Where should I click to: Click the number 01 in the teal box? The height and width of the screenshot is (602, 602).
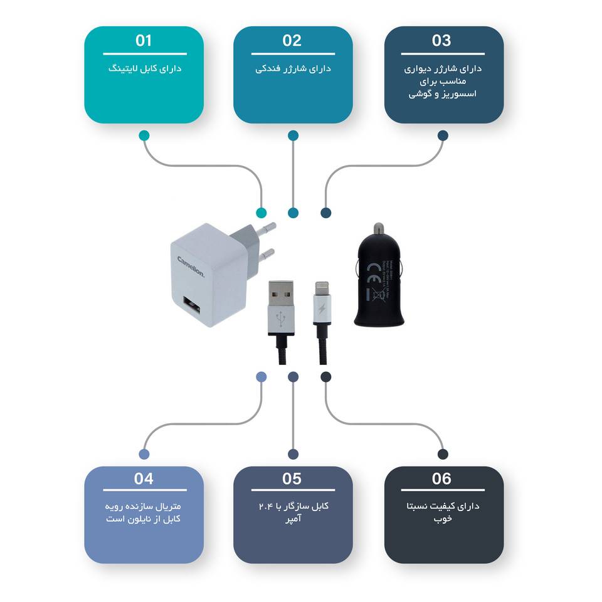tap(144, 41)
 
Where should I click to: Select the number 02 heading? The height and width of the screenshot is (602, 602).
tap(292, 41)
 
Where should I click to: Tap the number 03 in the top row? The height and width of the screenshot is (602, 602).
tap(441, 41)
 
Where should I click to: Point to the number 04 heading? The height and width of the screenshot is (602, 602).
tap(144, 479)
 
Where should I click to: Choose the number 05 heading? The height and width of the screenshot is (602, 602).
tap(292, 479)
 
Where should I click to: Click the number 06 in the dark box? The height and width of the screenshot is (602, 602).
tap(441, 479)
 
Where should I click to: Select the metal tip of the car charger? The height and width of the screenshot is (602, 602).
tap(379, 228)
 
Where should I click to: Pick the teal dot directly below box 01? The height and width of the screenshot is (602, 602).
tap(144, 135)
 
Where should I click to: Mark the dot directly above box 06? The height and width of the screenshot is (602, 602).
tap(443, 454)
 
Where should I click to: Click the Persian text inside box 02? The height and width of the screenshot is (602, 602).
tap(293, 68)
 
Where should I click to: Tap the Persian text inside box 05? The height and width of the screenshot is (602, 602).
tap(293, 512)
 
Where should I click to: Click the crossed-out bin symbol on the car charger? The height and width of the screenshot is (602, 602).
tap(378, 294)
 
